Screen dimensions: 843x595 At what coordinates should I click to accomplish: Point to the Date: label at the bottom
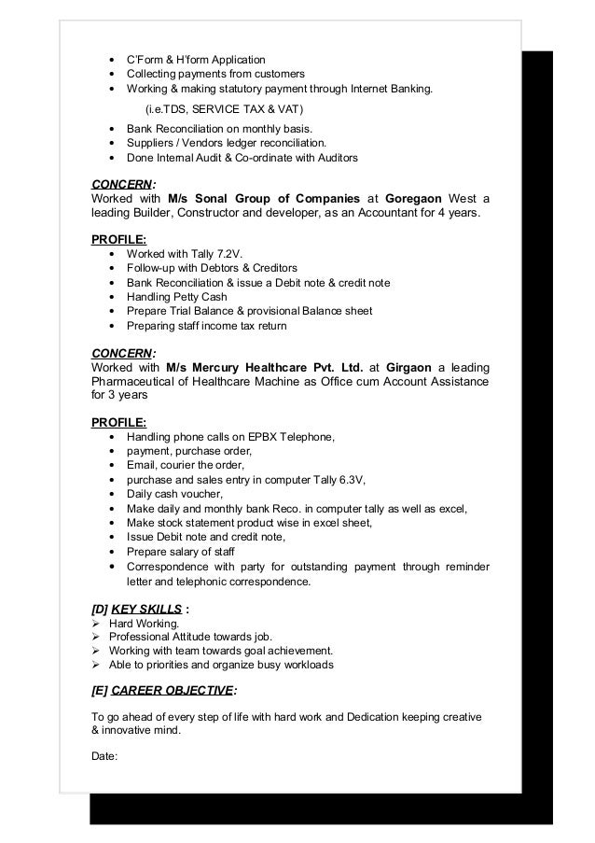pos(104,757)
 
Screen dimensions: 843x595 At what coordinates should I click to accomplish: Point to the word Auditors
pos(335,159)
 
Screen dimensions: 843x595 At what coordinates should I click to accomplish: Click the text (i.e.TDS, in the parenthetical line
pos(171,109)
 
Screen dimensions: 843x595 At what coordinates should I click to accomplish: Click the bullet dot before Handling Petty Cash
pos(114,297)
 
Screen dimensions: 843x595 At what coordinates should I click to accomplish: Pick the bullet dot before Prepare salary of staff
pos(114,552)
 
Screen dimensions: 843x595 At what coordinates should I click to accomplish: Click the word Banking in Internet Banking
pos(410,90)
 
